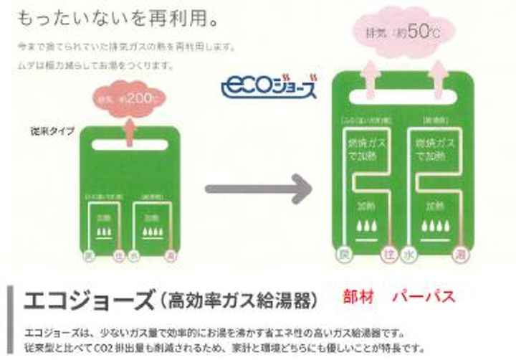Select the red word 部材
[359, 295]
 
